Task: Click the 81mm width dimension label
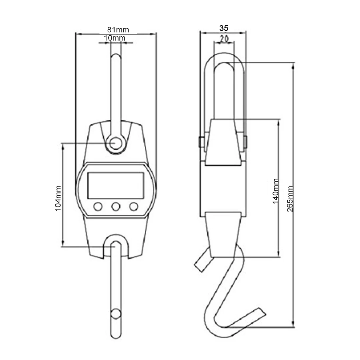point(118,30)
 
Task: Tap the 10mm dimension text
point(115,38)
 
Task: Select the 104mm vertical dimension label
point(58,198)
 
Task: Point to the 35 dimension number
point(224,28)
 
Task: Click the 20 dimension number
point(224,39)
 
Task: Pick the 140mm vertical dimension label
point(275,191)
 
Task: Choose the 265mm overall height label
point(290,199)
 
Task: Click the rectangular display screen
point(116,186)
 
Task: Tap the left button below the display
point(98,207)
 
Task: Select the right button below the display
point(134,207)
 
